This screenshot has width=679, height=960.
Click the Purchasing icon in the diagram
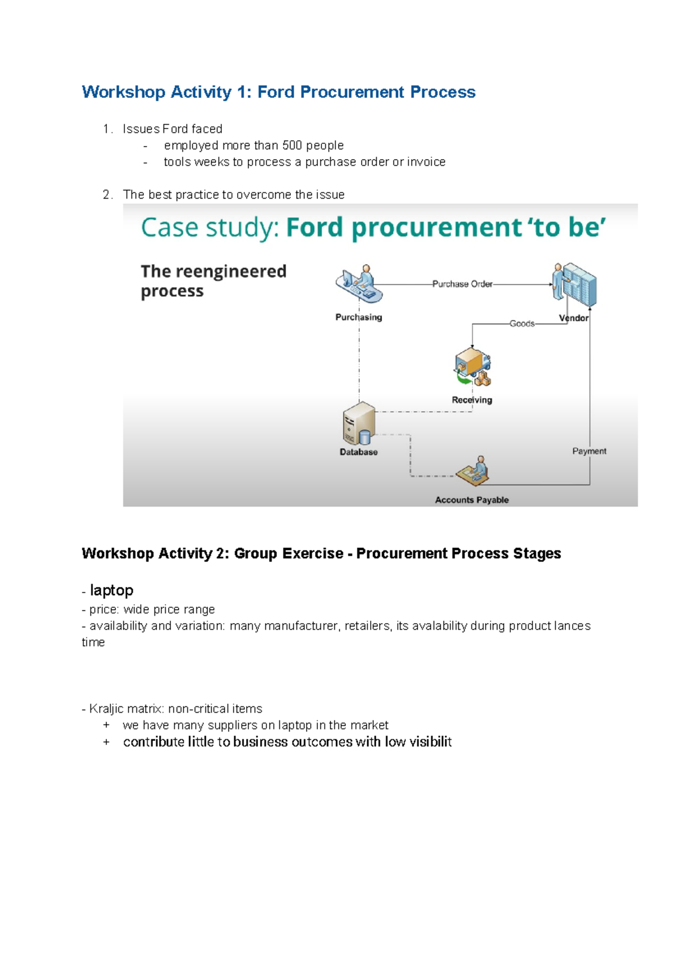click(359, 285)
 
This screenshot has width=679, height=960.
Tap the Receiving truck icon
click(472, 367)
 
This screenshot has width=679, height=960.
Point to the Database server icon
click(359, 424)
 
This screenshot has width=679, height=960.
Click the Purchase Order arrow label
click(462, 284)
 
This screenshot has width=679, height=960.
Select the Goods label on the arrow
click(522, 324)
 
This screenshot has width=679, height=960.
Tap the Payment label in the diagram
click(589, 451)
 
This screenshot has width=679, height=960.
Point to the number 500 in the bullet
click(292, 145)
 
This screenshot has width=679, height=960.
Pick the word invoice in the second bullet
click(426, 162)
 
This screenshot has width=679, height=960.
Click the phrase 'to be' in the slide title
click(566, 228)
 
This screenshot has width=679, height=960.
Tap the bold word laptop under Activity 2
click(111, 590)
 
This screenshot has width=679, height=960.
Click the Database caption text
click(359, 452)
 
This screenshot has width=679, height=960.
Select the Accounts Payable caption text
click(472, 500)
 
